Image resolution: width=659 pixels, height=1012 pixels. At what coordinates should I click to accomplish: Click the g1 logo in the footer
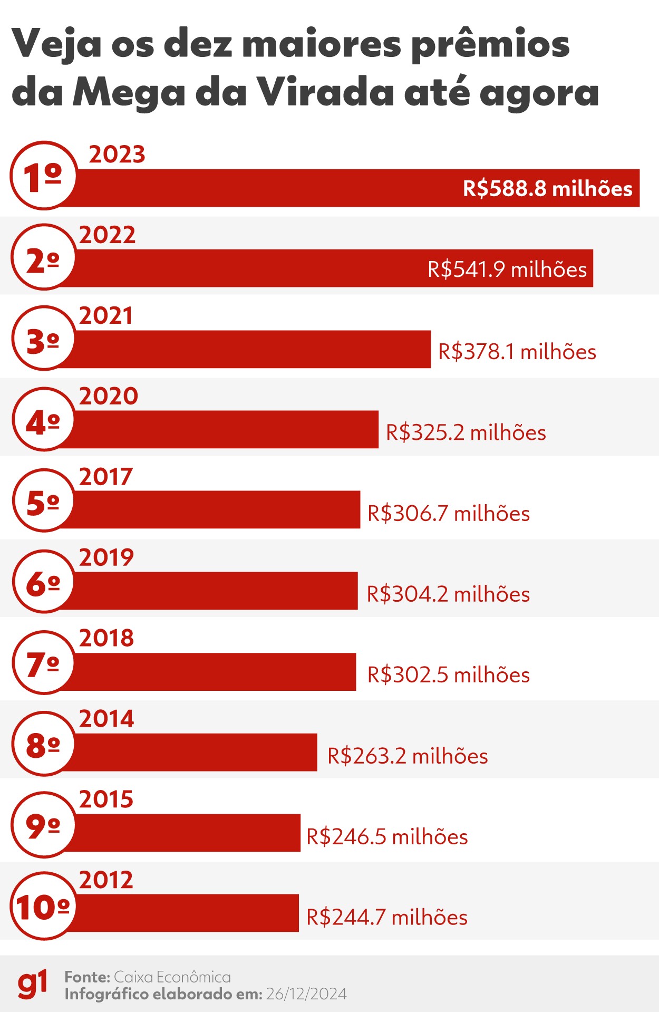pos(32,984)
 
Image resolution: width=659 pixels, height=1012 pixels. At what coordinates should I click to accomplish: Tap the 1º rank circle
pos(43,176)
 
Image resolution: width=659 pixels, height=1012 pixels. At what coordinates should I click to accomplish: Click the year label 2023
pos(117,155)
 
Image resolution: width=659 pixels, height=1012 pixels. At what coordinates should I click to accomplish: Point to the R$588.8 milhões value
pos(547,188)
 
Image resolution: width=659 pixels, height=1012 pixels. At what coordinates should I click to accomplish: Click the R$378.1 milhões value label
pos(517,352)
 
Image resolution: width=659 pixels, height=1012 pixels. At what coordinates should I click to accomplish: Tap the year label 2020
pos(109,396)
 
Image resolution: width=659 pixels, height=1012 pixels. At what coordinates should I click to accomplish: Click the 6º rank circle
pos(43,582)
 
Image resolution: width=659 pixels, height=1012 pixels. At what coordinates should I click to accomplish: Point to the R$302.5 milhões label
pos(448,675)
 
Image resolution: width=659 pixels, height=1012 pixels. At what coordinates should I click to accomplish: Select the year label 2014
pos(106,719)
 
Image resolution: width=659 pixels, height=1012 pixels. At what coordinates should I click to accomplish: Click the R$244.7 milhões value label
pos(386,918)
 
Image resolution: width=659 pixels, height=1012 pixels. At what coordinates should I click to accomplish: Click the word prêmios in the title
pos(490,44)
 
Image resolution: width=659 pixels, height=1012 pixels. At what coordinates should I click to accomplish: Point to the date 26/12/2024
pos(306,994)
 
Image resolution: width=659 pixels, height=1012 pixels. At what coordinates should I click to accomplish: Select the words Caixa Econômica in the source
pos(172,977)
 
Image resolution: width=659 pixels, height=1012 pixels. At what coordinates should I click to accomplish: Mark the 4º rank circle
pos(43,420)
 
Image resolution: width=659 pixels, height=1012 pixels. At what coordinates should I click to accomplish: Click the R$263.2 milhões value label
pos(407,756)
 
